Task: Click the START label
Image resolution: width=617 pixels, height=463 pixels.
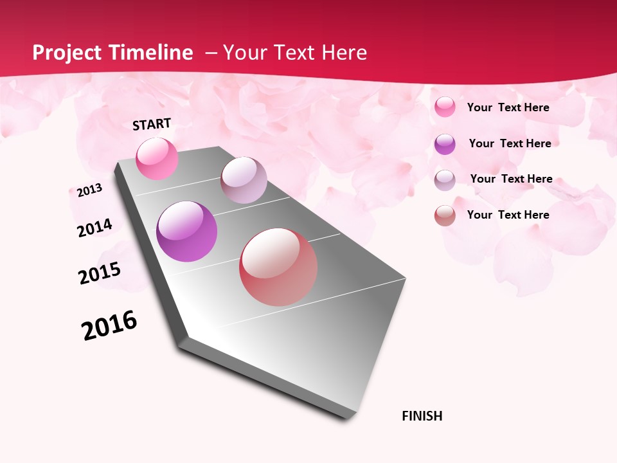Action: point(152,124)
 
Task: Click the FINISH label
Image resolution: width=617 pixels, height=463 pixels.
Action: point(422,416)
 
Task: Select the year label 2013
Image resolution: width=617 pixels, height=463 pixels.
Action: point(89,190)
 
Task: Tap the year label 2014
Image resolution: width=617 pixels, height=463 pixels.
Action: point(94,228)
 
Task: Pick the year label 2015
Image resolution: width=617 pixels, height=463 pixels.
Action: point(100,273)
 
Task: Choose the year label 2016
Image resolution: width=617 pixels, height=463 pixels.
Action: point(109,325)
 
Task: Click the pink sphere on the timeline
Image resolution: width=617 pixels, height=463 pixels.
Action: point(157,158)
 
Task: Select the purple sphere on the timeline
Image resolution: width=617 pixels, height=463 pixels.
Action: point(186,232)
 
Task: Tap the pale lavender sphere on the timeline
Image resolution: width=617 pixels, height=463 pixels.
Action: point(244,180)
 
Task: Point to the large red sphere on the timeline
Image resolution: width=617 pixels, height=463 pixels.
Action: point(278,267)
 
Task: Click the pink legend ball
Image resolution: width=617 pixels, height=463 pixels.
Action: point(445,107)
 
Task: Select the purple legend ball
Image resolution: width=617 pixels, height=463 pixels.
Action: point(445,144)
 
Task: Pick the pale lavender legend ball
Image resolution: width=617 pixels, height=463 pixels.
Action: point(445,180)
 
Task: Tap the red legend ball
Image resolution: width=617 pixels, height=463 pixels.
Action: point(445,215)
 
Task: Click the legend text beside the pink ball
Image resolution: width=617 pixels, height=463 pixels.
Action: point(508,107)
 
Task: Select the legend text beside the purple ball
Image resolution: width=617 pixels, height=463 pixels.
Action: point(510,143)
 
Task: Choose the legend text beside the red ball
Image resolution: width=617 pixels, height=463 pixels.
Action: point(508,215)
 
